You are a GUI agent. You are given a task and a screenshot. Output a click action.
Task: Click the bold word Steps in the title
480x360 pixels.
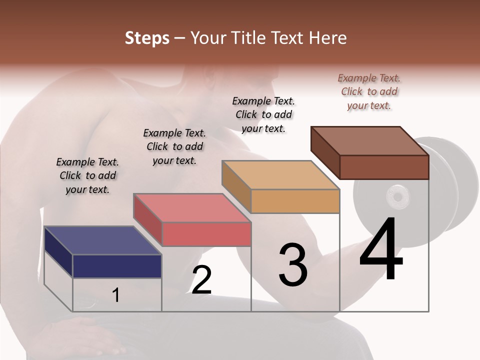[147, 38]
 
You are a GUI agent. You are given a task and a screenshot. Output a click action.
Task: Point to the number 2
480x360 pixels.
[201, 280]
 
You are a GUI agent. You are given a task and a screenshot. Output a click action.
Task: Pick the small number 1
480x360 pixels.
[116, 295]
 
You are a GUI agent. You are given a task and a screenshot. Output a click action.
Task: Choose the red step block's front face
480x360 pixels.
[206, 234]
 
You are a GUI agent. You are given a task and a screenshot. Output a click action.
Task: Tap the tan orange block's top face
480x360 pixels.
[280, 175]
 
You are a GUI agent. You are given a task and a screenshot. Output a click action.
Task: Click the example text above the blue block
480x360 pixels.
[87, 175]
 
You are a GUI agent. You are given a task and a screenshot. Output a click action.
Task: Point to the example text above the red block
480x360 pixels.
[174, 146]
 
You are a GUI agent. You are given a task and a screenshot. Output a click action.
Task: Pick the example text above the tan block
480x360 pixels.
[263, 114]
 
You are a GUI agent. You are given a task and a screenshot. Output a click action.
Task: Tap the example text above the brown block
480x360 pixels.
[369, 91]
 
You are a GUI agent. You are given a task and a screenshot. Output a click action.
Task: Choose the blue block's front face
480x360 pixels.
[117, 266]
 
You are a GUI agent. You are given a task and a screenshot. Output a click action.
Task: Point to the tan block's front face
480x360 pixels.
[295, 201]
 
